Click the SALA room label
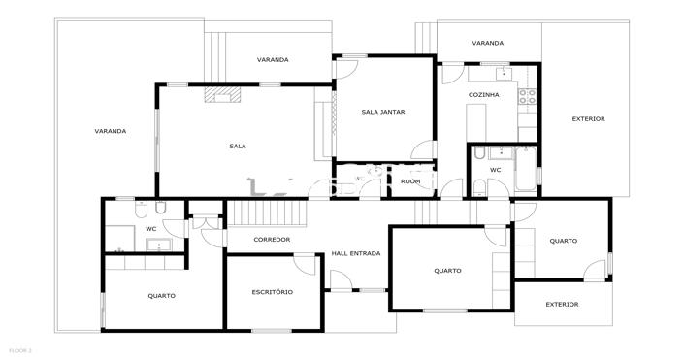pyautogui.click(x=238, y=147)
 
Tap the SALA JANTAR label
pyautogui.click(x=382, y=112)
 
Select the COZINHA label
pyautogui.click(x=483, y=95)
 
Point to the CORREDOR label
pyautogui.click(x=272, y=240)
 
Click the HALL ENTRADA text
pyautogui.click(x=356, y=253)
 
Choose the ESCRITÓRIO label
pyautogui.click(x=272, y=292)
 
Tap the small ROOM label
pyautogui.click(x=410, y=181)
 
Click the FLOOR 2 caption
pyautogui.click(x=19, y=349)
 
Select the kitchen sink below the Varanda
pyautogui.click(x=501, y=74)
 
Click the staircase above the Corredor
pyautogui.click(x=266, y=213)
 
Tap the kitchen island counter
pyautogui.click(x=476, y=122)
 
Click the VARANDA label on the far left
pyautogui.click(x=110, y=131)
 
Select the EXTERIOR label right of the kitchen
pyautogui.click(x=588, y=119)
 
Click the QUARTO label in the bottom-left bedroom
pyautogui.click(x=162, y=296)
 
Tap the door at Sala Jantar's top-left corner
pyautogui.click(x=346, y=68)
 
